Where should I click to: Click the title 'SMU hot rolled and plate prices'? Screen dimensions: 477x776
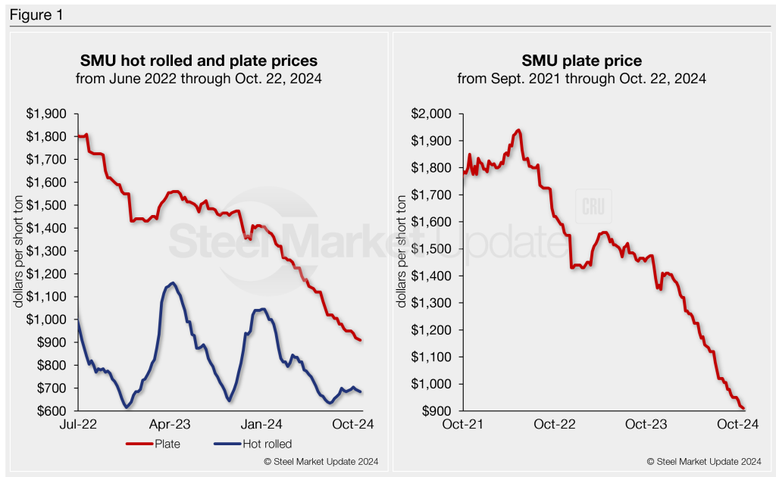point(199,60)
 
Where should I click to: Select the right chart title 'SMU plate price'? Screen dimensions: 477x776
point(581,60)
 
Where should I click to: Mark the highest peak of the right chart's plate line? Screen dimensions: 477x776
point(518,130)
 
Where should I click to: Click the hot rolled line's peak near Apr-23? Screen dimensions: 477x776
point(174,283)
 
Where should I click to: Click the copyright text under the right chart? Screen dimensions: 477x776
point(704,461)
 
